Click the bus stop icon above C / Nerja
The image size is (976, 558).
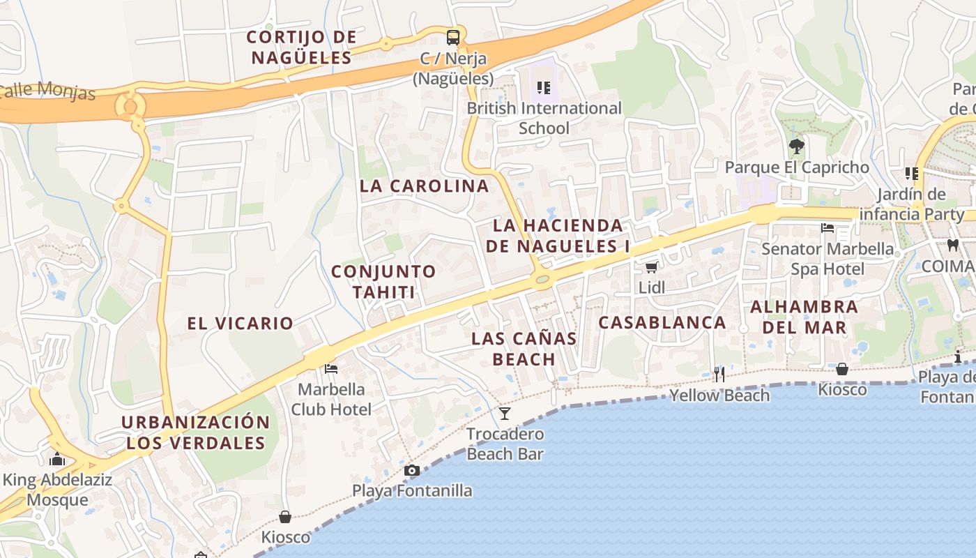click(453, 37)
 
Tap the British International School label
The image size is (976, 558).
click(544, 118)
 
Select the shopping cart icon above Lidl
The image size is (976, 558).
click(651, 267)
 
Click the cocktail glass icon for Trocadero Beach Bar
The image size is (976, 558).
click(505, 413)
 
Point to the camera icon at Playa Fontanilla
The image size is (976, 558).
click(412, 470)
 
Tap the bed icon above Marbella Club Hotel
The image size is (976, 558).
click(331, 368)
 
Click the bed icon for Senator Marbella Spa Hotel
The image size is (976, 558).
click(828, 228)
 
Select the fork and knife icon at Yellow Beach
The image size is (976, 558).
click(719, 375)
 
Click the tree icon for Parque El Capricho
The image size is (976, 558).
click(796, 146)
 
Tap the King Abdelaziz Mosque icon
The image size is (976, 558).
click(58, 459)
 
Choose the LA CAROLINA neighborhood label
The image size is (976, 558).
click(424, 186)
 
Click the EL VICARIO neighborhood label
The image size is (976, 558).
click(240, 323)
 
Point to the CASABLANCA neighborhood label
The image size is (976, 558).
click(662, 322)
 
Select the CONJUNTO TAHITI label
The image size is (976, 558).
click(383, 282)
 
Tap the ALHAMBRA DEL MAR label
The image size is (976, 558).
click(804, 317)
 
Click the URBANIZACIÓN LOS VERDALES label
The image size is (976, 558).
click(195, 432)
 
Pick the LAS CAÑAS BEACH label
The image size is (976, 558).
click(524, 349)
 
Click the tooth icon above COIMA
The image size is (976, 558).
click(953, 245)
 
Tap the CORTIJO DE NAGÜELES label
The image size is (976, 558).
click(301, 47)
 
